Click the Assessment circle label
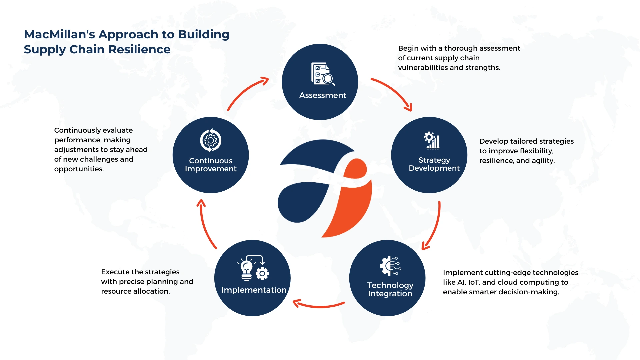coord(323,95)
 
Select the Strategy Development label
coord(434,164)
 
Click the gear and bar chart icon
coord(432,140)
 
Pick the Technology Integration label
coord(390,289)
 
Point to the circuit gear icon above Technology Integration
coord(390,266)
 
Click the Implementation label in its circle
coord(254,290)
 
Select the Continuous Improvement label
coord(211,165)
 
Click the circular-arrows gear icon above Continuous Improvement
coord(211,140)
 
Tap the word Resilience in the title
coord(139,49)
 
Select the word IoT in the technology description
coord(474,282)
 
